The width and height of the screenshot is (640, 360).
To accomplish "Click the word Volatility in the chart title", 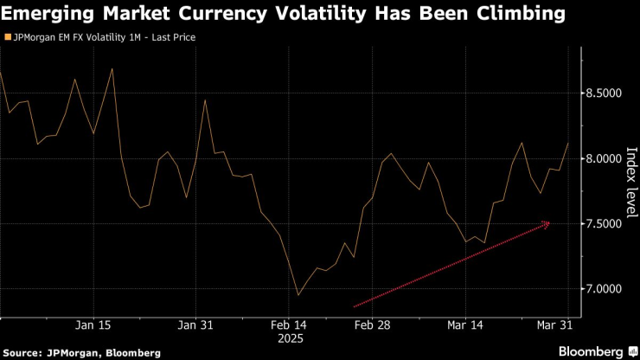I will click(295, 14).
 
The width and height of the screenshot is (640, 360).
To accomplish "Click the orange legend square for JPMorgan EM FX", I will click(8, 38).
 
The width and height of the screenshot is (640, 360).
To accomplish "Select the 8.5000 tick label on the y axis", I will click(604, 93).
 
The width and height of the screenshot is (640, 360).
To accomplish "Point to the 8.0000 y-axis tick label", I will click(604, 159).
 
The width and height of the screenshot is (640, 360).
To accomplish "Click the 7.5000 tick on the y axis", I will click(604, 224).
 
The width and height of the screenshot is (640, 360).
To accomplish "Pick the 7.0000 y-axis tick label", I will click(604, 289).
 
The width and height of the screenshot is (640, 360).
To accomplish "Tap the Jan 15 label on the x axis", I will click(93, 325).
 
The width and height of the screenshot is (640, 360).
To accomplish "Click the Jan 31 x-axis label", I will click(195, 325).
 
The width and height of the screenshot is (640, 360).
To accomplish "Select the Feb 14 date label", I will click(288, 325).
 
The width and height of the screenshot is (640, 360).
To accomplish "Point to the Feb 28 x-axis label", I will click(373, 325).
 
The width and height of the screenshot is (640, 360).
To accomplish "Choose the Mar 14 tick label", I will click(465, 325).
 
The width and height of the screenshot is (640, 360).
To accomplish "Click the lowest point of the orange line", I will click(298, 295).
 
